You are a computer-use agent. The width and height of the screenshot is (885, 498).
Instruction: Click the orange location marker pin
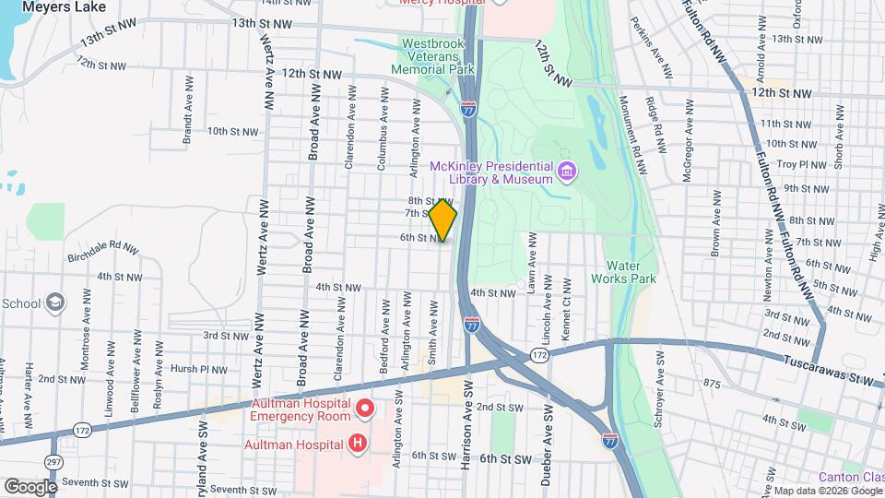pyautogui.click(x=443, y=220)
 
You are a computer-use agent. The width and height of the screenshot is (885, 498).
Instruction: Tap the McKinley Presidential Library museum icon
pyautogui.click(x=566, y=172)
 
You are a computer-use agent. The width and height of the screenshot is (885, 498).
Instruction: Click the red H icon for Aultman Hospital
pyautogui.click(x=357, y=445)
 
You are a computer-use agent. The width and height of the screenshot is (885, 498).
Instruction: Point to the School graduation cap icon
pyautogui.click(x=55, y=303)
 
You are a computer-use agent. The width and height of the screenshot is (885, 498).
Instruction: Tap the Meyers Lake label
pyautogui.click(x=64, y=6)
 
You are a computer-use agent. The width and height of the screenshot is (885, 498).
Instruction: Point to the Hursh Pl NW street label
pyautogui.click(x=198, y=369)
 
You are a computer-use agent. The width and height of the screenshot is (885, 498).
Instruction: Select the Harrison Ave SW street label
pyautogui.click(x=467, y=414)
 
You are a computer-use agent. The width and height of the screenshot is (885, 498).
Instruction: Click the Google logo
pyautogui.click(x=30, y=486)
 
